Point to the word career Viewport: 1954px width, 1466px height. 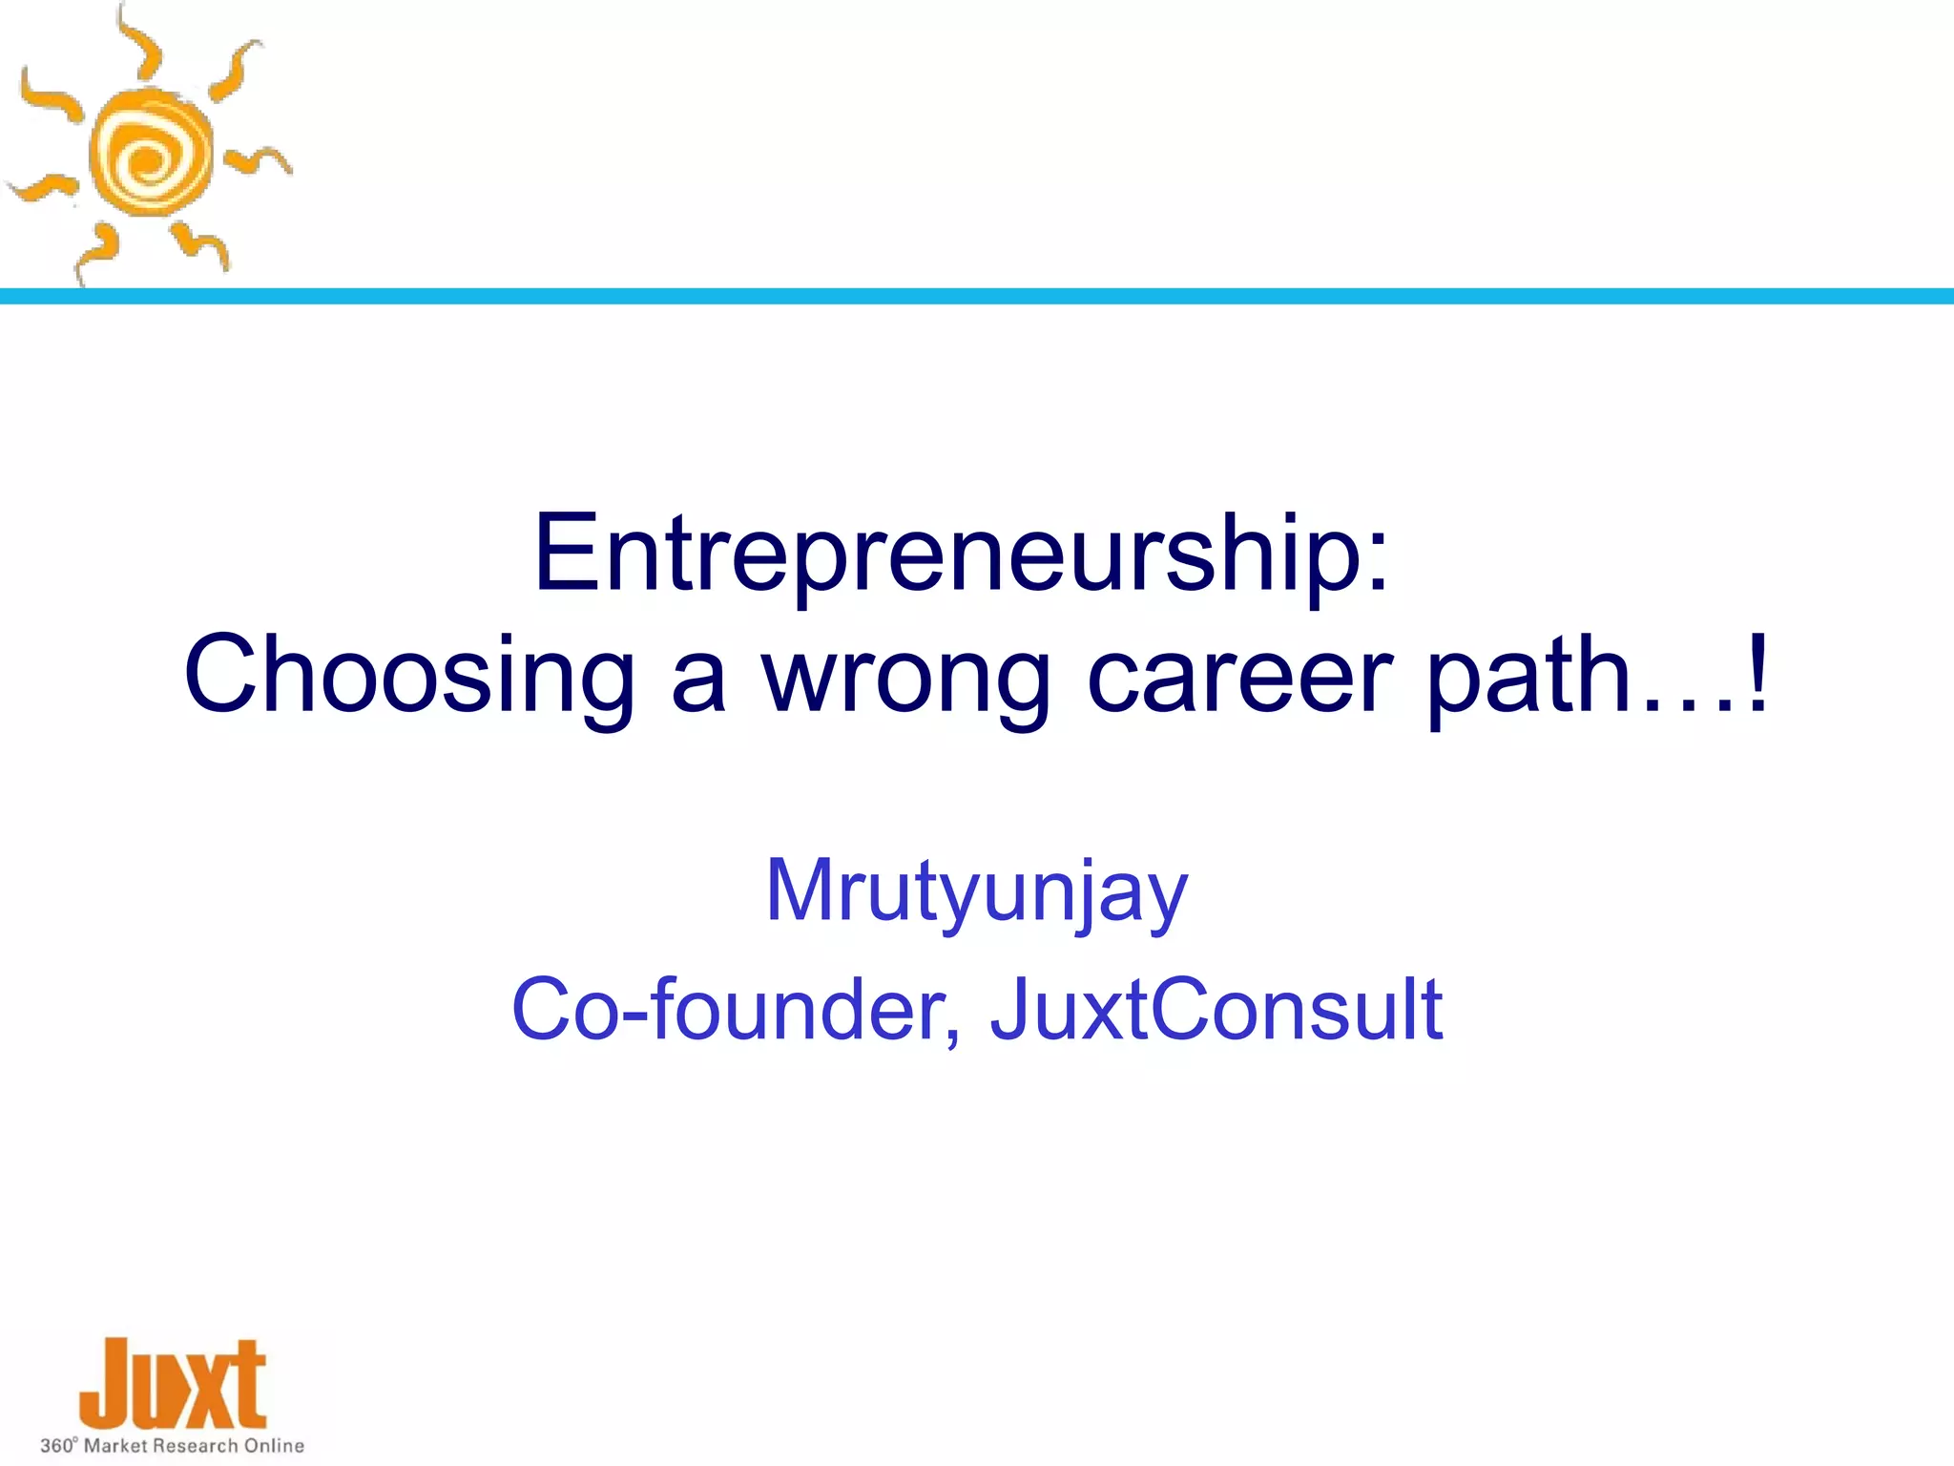pos(1240,676)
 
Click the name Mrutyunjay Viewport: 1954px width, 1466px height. pos(976,891)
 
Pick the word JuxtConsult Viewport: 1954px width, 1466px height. pos(1216,1010)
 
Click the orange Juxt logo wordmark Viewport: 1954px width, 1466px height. pos(173,1384)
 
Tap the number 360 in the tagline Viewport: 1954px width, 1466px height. pos(56,1446)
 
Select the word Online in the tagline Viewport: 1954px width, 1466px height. pos(274,1446)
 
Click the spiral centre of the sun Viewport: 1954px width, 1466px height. pos(148,158)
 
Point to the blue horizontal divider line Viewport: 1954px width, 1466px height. pos(977,297)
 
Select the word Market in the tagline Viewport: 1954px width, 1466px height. pos(115,1446)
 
